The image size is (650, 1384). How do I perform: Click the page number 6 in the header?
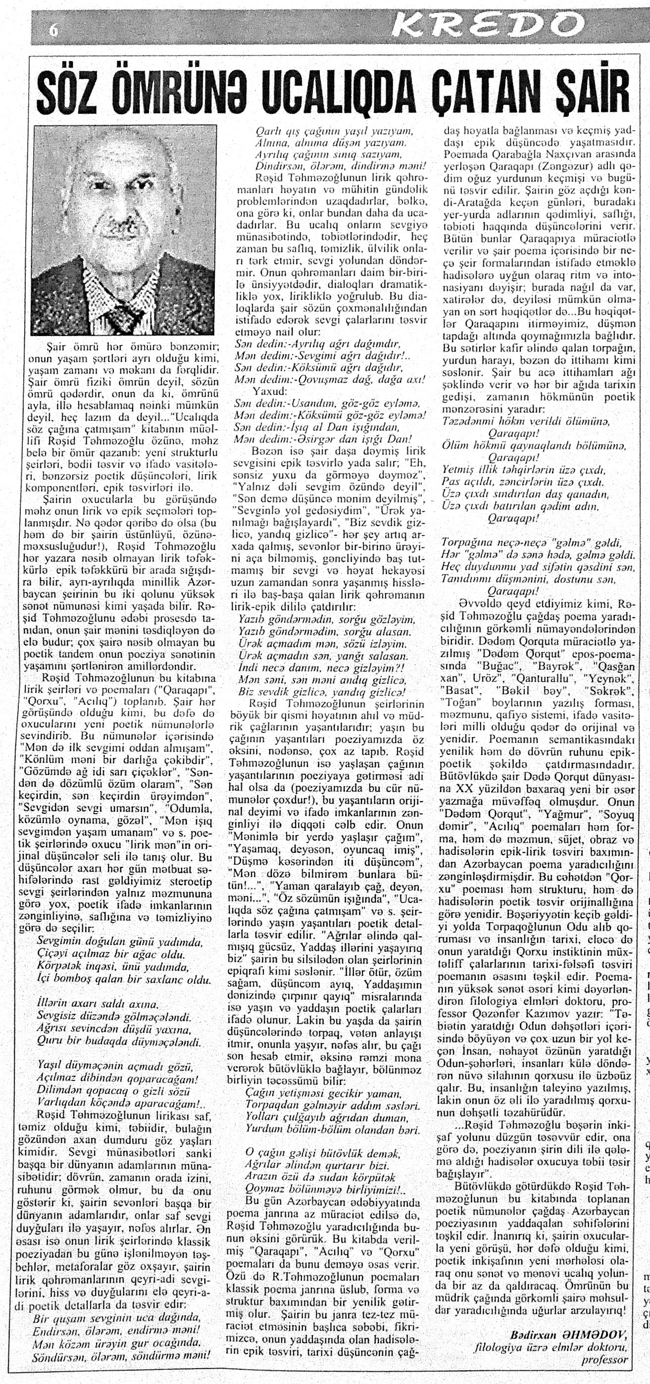[52, 31]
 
